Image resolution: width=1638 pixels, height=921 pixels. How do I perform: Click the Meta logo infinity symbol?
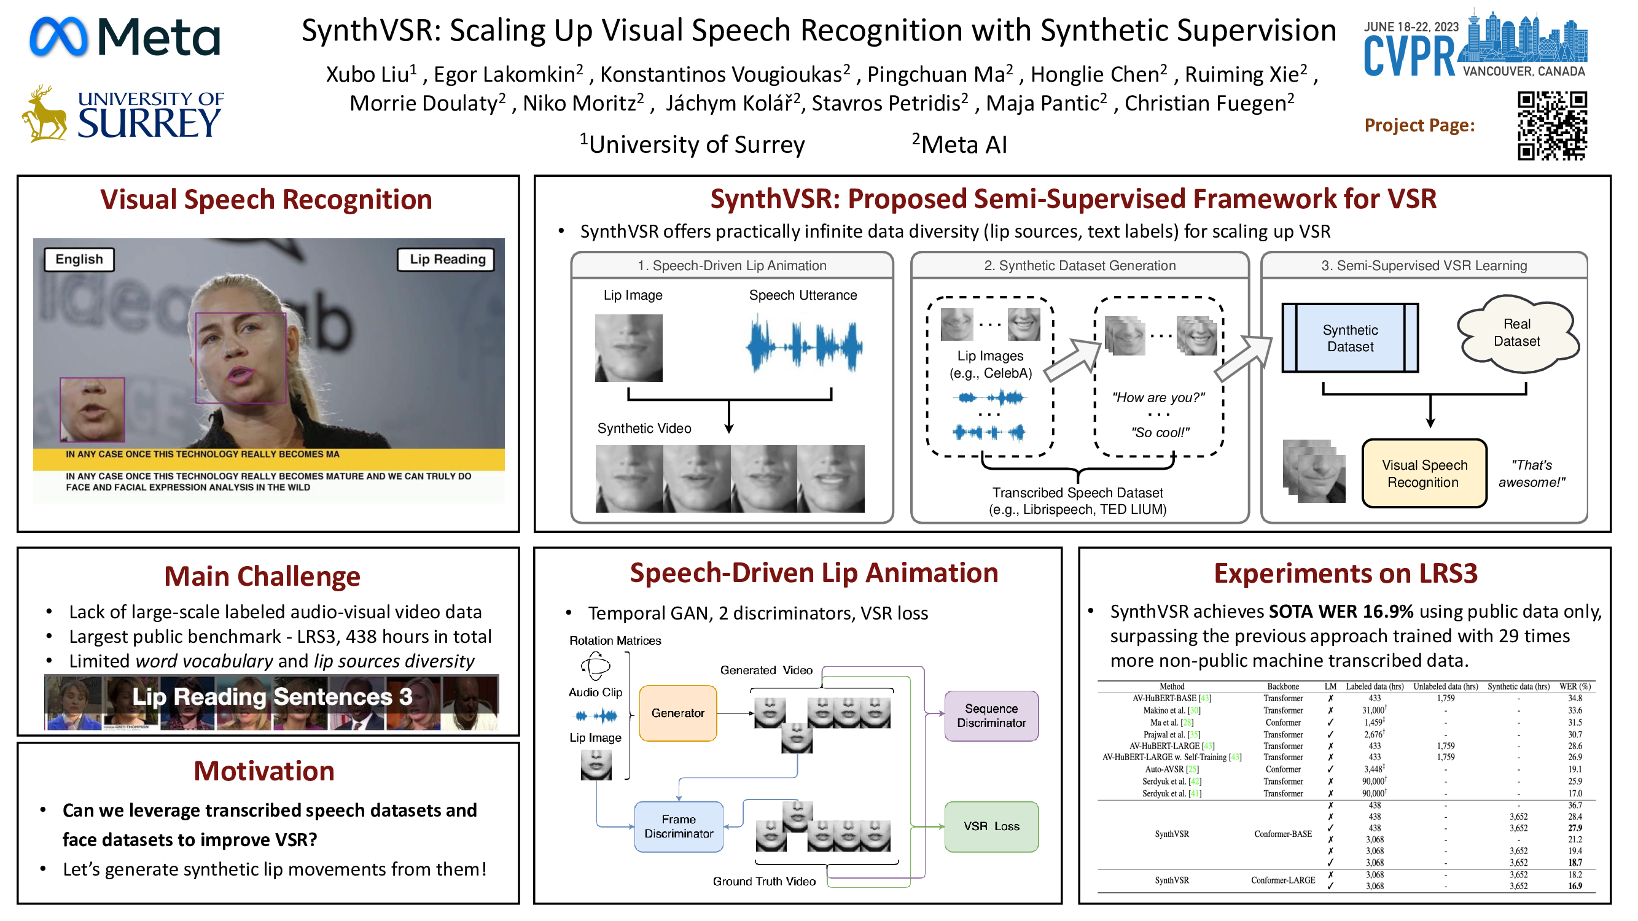pyautogui.click(x=58, y=37)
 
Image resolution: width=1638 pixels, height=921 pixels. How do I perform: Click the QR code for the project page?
pyautogui.click(x=1551, y=126)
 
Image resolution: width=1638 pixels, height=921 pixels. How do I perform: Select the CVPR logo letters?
pyautogui.click(x=1408, y=56)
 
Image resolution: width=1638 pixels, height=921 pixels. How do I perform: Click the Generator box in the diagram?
pyautogui.click(x=678, y=713)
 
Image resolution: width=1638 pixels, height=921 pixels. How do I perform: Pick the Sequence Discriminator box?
pyautogui.click(x=991, y=716)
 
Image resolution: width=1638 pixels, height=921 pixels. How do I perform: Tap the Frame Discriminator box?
pyautogui.click(x=679, y=826)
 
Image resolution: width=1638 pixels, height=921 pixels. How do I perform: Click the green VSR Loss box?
pyautogui.click(x=991, y=826)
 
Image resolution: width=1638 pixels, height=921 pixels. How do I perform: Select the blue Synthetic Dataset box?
pyautogui.click(x=1350, y=338)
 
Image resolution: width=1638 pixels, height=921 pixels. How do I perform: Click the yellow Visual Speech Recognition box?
pyautogui.click(x=1424, y=473)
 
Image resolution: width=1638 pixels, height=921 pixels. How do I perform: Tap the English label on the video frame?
pyautogui.click(x=79, y=259)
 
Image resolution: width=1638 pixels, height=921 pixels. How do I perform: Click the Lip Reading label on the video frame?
pyautogui.click(x=447, y=259)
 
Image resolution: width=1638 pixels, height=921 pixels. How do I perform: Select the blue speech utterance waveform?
pyautogui.click(x=804, y=346)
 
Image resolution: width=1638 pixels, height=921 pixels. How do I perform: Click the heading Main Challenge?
pyautogui.click(x=262, y=577)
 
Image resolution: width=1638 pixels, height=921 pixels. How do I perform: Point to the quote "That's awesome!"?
pyautogui.click(x=1531, y=473)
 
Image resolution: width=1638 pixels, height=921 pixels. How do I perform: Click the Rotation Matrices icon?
pyautogui.click(x=595, y=666)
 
